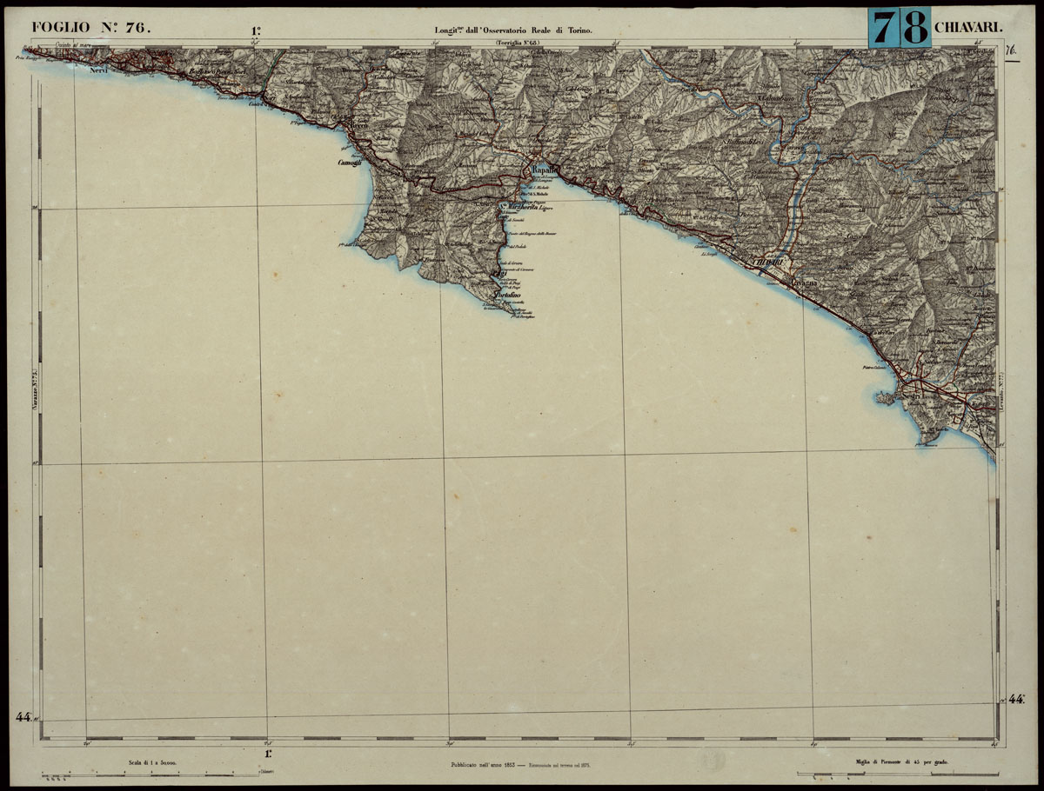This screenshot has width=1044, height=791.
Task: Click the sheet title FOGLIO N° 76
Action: (x=90, y=27)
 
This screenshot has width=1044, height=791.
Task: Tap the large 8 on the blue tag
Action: (x=914, y=29)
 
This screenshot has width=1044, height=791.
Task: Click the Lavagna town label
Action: (x=801, y=282)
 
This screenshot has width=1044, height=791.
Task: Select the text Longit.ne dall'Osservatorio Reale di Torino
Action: (x=513, y=30)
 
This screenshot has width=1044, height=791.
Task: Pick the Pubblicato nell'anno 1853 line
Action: (x=482, y=765)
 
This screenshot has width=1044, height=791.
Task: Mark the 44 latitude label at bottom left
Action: (x=23, y=717)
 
